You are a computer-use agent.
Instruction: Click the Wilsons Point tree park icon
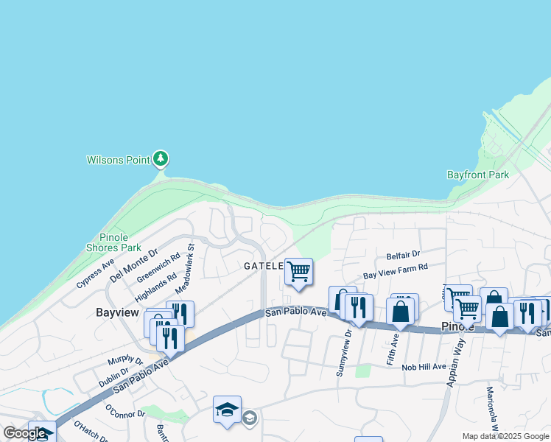[161, 158]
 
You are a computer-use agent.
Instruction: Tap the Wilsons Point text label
[118, 159]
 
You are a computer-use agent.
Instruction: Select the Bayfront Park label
[478, 175]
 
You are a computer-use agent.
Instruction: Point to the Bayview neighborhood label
[117, 312]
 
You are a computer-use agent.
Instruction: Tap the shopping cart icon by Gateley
[298, 272]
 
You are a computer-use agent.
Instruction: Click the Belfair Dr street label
[403, 255]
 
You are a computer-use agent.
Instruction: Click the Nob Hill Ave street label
[424, 366]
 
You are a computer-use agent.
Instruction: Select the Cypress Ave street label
[96, 274]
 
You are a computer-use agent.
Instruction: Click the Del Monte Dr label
[134, 266]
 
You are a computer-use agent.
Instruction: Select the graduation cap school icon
[227, 410]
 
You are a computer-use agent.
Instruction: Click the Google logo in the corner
[24, 433]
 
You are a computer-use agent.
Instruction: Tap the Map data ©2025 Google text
[505, 436]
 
